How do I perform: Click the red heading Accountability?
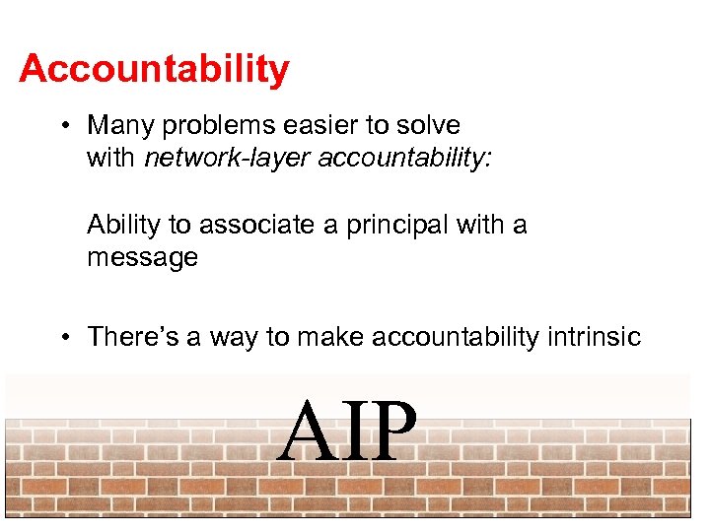point(154,70)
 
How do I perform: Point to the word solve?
point(429,126)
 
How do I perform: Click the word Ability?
point(124,226)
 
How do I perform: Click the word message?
point(142,258)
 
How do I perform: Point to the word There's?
point(129,338)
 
